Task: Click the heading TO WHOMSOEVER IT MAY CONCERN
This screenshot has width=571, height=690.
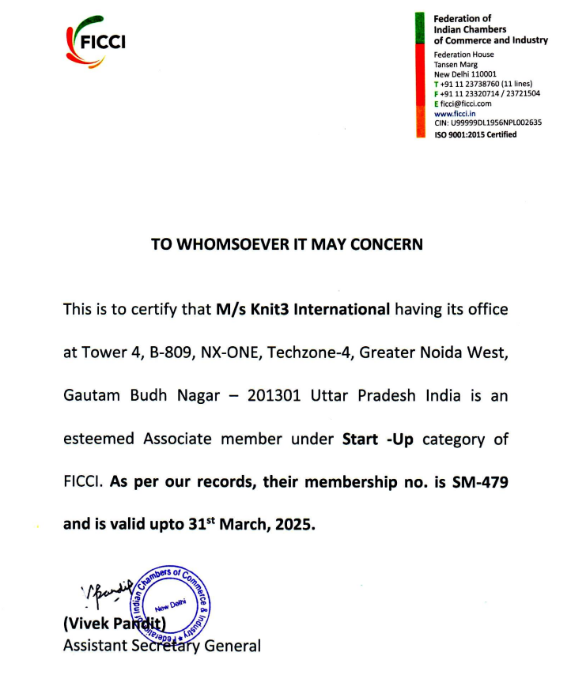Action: click(x=287, y=244)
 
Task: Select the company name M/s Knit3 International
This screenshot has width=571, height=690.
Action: click(x=303, y=309)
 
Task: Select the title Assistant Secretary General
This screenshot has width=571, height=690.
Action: click(x=161, y=646)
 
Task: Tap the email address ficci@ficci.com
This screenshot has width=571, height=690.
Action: click(x=466, y=104)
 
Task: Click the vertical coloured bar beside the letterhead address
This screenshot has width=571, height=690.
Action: click(x=421, y=75)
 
